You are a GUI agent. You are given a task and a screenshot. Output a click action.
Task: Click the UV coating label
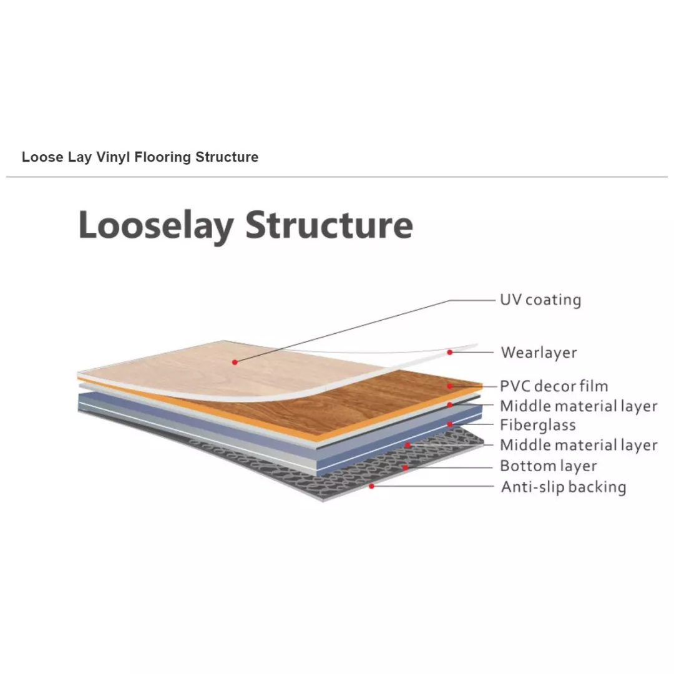540,300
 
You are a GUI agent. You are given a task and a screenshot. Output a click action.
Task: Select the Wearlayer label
539,353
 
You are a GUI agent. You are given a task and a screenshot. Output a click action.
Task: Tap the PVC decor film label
554,386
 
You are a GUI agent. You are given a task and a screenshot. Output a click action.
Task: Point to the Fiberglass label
538,425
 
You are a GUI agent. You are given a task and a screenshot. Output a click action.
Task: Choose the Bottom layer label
548,466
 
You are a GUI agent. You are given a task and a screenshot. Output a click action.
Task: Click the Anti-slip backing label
564,487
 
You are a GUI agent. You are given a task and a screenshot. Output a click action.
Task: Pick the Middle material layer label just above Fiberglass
579,406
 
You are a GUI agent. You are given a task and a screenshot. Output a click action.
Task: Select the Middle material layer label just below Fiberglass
579,445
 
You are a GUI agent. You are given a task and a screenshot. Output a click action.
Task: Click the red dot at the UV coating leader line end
235,363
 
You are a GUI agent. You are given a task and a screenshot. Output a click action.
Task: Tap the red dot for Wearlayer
449,353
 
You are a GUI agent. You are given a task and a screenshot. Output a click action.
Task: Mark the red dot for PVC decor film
449,386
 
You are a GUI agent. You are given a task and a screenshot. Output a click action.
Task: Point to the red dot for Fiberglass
449,424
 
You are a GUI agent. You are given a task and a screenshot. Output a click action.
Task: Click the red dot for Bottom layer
405,467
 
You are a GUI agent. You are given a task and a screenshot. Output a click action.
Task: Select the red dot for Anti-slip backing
372,486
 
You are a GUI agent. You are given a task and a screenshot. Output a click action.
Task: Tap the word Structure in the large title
330,225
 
